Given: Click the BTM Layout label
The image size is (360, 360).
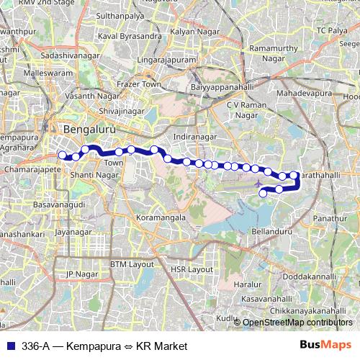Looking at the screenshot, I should (132, 264).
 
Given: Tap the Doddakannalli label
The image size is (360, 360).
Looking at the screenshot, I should (310, 276).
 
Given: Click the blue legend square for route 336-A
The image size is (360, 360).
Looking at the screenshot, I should (9, 346).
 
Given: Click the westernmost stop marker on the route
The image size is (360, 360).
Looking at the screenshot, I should (63, 155).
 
